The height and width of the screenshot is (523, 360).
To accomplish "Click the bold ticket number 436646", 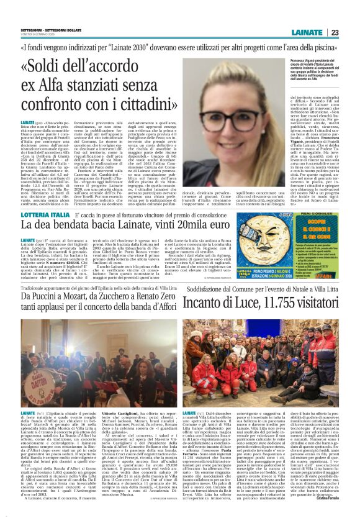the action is tap(66, 261).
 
